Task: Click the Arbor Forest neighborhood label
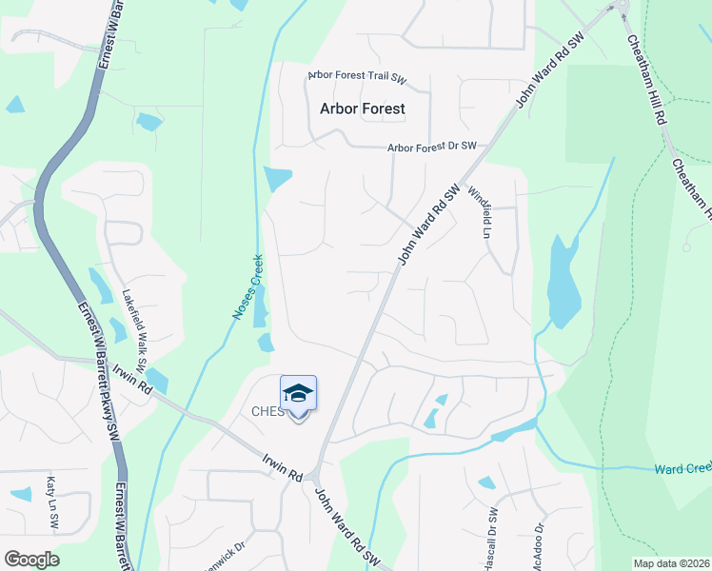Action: (x=362, y=108)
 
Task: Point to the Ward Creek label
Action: (x=682, y=469)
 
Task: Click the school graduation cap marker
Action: (x=298, y=394)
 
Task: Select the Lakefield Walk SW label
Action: (x=134, y=329)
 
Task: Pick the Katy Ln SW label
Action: (x=53, y=503)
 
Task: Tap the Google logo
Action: (x=31, y=560)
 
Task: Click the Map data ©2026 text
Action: (x=670, y=563)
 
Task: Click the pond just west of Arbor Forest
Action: (x=278, y=178)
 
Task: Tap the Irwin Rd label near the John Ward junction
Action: (x=283, y=466)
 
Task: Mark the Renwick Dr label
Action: (x=225, y=553)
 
